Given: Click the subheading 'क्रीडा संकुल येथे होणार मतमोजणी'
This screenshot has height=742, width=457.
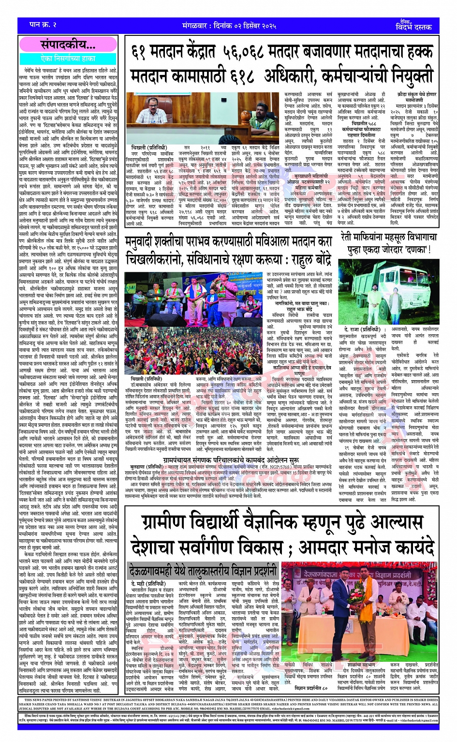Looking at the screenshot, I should coord(416,97).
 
